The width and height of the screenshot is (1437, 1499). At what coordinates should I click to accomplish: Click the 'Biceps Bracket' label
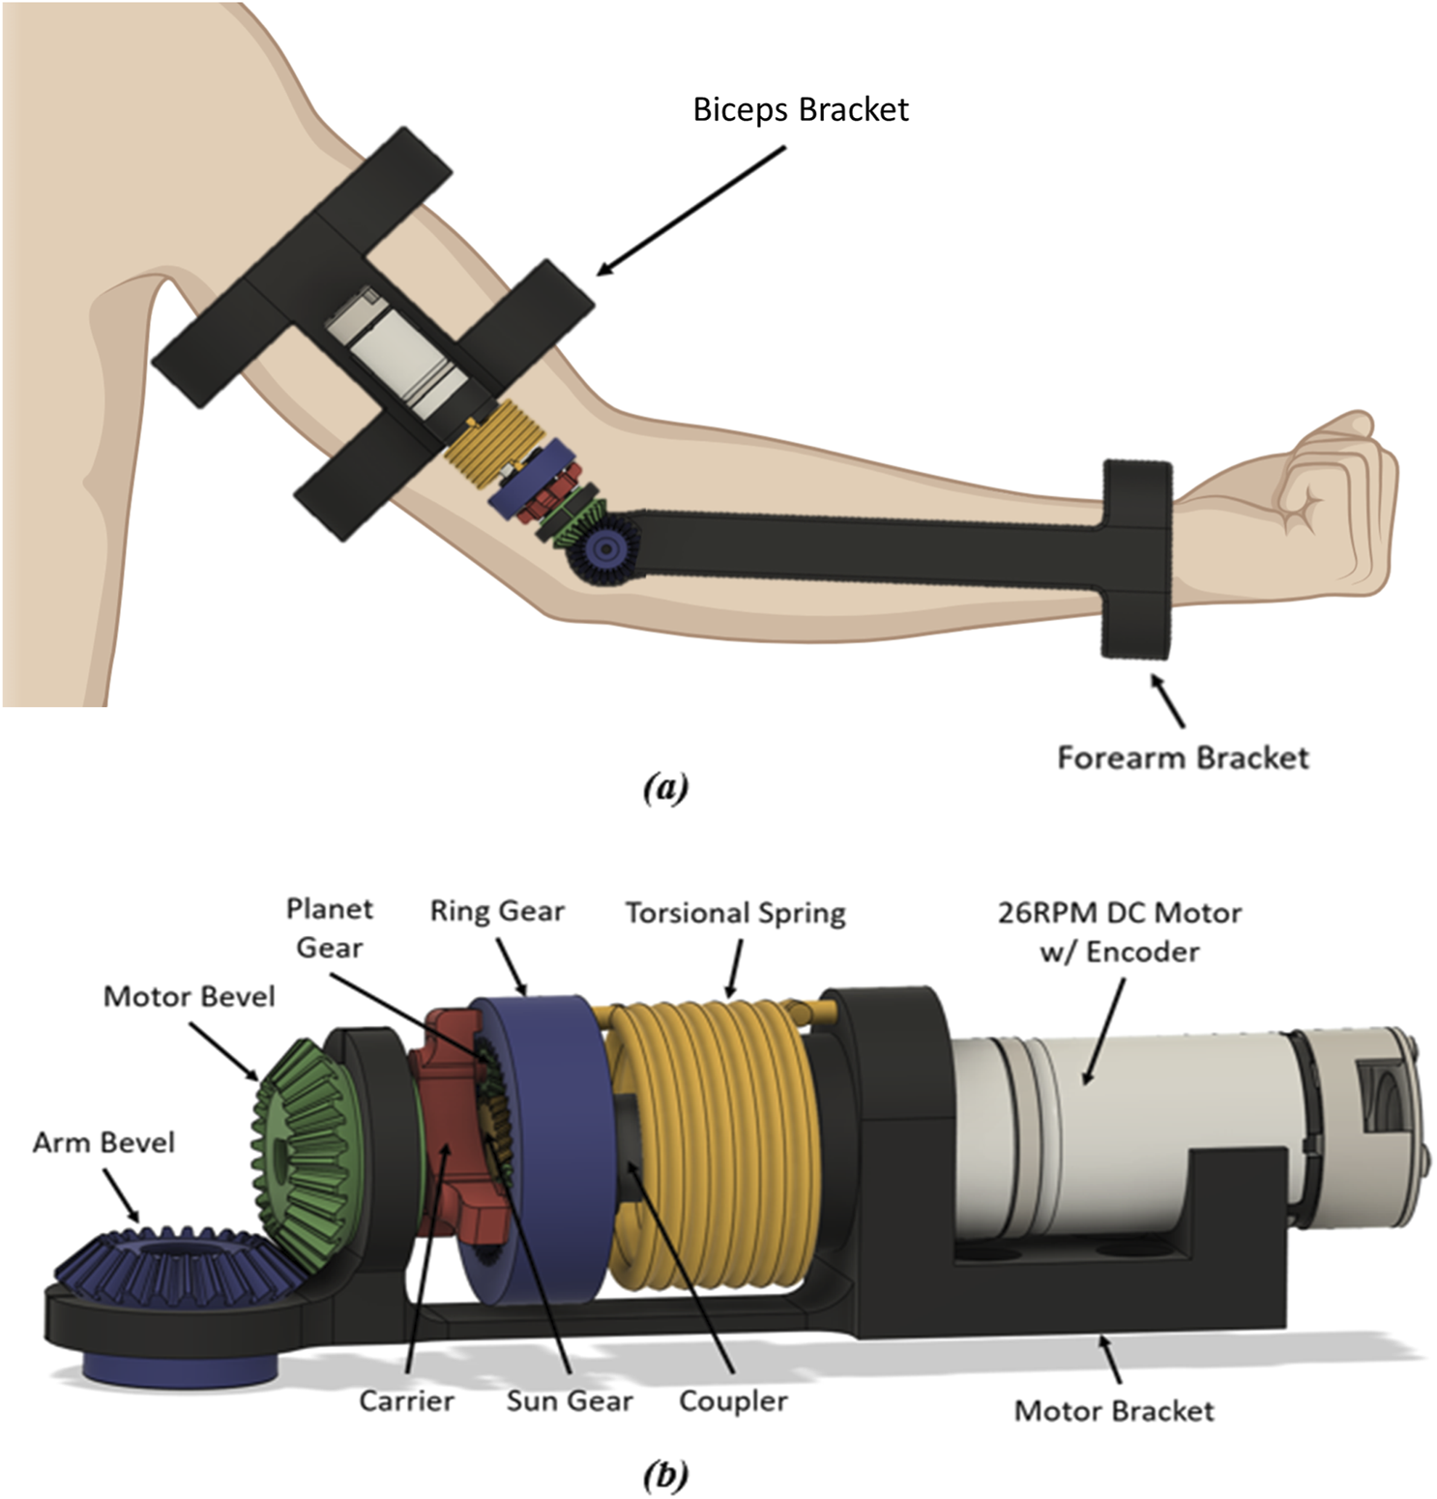(801, 110)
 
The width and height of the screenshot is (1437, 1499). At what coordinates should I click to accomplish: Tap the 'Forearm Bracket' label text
(1183, 757)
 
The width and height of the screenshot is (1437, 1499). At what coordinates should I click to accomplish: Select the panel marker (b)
(665, 1476)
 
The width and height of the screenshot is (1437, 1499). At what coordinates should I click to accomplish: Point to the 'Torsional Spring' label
(735, 913)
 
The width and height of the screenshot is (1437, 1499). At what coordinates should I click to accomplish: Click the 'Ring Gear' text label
(497, 911)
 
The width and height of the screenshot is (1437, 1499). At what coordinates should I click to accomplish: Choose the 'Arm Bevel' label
(103, 1142)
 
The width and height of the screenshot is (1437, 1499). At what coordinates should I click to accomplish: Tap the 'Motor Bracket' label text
(1114, 1411)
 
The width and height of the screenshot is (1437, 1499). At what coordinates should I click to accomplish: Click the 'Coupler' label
(733, 1400)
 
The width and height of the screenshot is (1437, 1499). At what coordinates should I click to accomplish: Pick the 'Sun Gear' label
(570, 1400)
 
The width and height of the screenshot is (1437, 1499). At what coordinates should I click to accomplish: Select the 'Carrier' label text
(406, 1400)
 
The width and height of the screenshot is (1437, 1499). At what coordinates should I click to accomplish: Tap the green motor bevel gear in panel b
(305, 1151)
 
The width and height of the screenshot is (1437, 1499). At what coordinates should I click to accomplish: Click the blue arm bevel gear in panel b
(155, 1267)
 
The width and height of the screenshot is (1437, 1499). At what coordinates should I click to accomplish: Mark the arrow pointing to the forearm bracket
(1167, 700)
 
